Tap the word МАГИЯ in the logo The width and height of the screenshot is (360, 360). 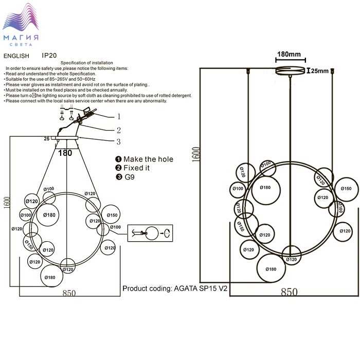click(21, 38)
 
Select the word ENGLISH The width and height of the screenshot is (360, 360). click(16, 56)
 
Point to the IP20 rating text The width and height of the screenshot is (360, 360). click(49, 55)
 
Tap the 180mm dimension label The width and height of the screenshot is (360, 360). click(289, 54)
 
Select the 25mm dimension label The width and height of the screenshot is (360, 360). click(320, 71)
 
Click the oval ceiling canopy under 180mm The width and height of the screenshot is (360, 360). click(291, 71)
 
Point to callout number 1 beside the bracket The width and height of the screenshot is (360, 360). click(119, 116)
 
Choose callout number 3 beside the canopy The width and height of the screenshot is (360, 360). click(118, 142)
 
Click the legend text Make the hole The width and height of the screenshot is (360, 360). click(148, 159)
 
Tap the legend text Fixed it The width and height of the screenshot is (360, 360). click(136, 168)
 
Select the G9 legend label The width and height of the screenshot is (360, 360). click(131, 177)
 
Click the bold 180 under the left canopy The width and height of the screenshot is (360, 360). click(65, 153)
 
